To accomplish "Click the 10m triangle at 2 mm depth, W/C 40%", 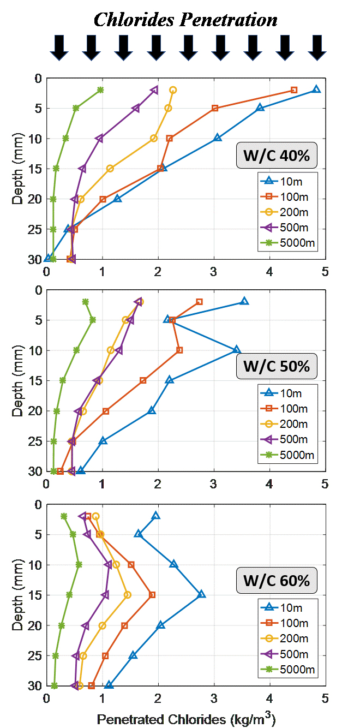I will click(316, 89).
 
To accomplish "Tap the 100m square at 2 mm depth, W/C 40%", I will click(294, 90).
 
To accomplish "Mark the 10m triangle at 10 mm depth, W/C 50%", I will click(237, 350).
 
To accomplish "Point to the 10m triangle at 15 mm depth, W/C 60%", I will click(202, 594).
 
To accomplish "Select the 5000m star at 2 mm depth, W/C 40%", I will click(100, 90).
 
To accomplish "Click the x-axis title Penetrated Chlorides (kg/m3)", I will click(186, 719).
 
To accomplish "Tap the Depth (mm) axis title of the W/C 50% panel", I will click(18, 380).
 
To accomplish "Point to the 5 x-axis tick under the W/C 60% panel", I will click(325, 697).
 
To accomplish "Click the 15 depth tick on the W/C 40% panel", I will click(35, 169).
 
